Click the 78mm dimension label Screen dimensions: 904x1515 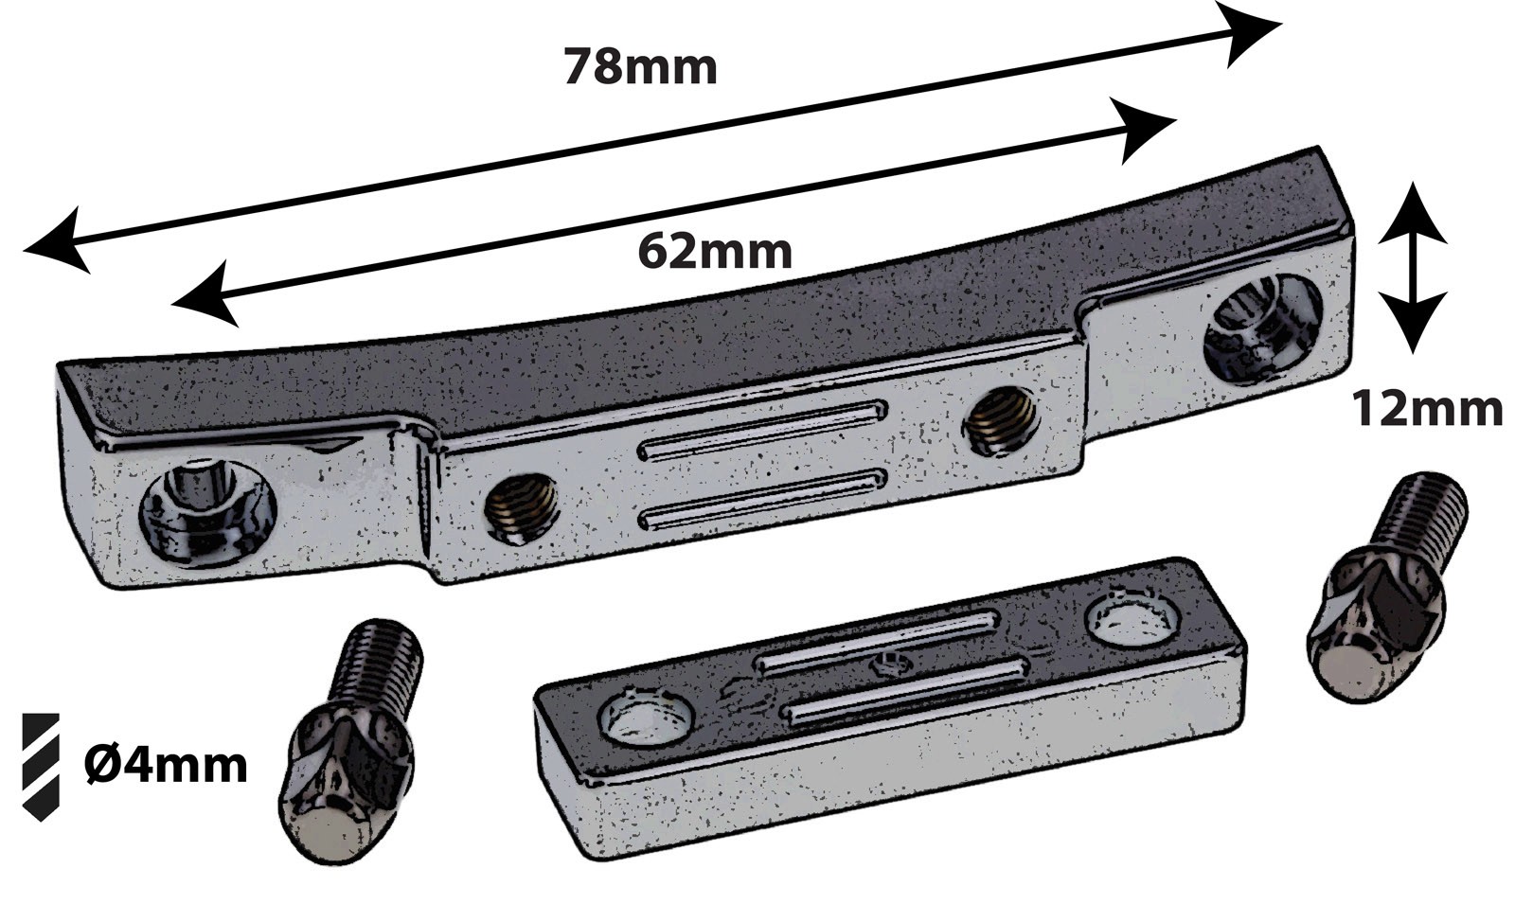click(640, 67)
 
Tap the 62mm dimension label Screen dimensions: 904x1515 click(714, 251)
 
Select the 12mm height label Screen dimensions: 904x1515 click(1426, 410)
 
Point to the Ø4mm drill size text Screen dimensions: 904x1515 click(166, 765)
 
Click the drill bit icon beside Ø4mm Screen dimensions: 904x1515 click(41, 766)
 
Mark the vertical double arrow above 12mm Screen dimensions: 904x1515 click(1411, 267)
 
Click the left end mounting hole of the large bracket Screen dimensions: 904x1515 click(207, 515)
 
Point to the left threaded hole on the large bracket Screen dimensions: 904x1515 click(521, 508)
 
